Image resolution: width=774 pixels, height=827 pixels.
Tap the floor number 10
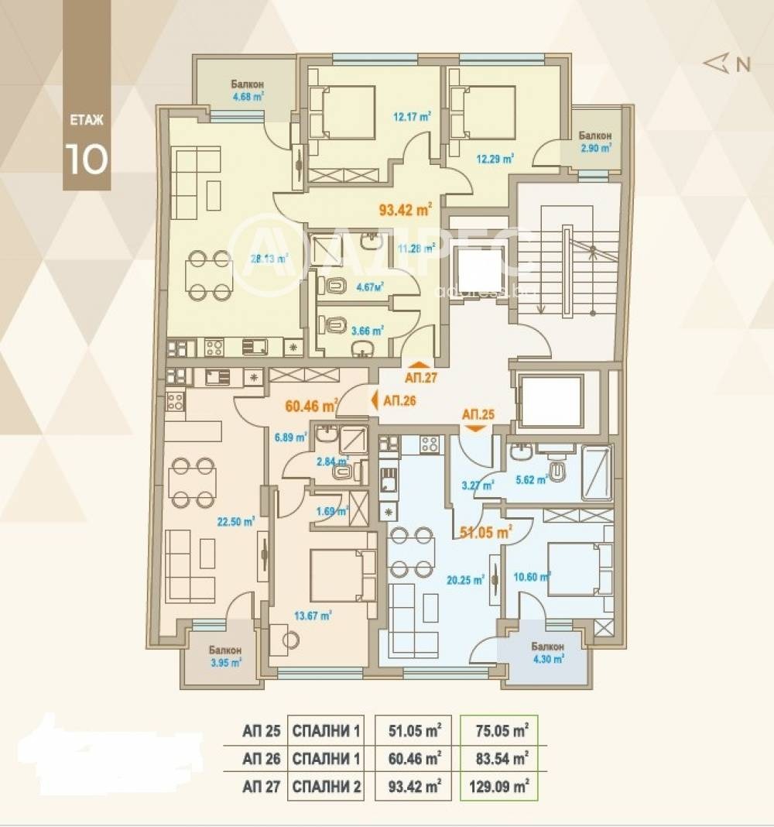tap(86, 157)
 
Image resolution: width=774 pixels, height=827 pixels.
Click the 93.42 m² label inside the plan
tap(405, 209)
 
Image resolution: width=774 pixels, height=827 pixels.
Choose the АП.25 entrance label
tap(477, 414)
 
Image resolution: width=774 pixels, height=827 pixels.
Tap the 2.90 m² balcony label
tap(596, 146)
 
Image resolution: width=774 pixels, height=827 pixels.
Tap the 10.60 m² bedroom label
tap(530, 576)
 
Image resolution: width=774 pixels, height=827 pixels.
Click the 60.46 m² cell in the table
tap(414, 758)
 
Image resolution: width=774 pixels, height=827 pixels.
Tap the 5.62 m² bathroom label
tap(532, 479)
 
